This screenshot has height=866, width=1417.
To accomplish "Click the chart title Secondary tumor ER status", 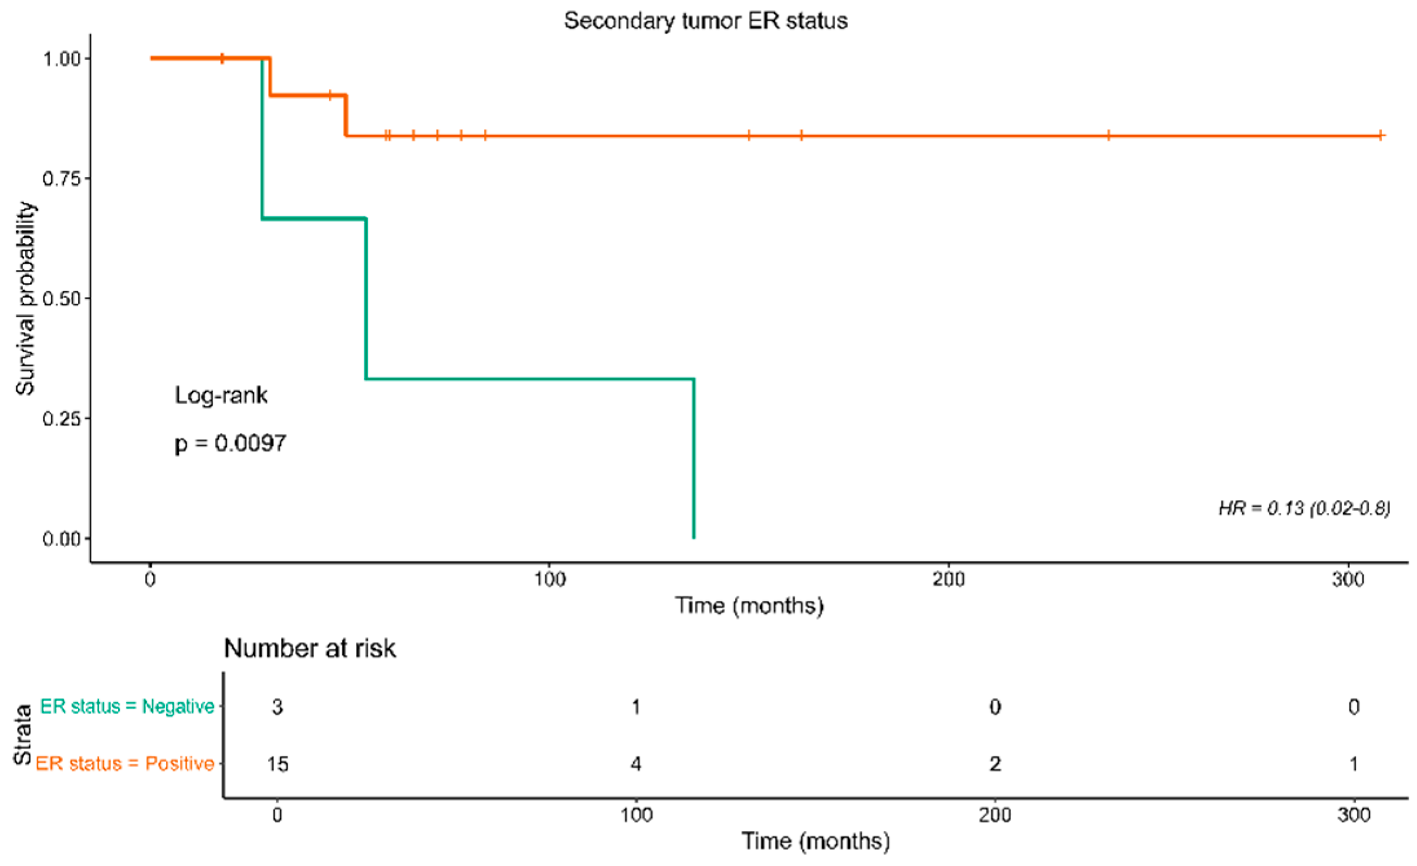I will pos(706,21).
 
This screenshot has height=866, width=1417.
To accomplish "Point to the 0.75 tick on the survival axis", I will pos(61,178).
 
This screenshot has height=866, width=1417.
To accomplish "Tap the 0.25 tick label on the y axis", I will pos(61,419).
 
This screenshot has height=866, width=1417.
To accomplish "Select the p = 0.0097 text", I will pos(230,444).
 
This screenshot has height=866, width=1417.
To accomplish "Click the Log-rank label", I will pos(221,395).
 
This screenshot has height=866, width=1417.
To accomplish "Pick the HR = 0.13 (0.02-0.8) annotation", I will pos(1304,508).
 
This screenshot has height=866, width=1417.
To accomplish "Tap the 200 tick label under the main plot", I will pos(948,580).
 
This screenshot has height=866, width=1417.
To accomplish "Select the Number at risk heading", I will pos(310,649).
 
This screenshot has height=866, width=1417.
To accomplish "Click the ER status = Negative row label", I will pos(127,706).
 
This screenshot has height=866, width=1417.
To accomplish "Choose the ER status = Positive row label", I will pos(125,764).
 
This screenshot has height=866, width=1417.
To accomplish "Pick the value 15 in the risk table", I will pos(277,764).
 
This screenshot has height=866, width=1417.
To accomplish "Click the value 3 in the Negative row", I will pos(277,707).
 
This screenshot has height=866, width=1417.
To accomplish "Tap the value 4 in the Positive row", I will pos(636,764).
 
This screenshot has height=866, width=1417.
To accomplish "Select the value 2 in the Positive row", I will pos(995,764).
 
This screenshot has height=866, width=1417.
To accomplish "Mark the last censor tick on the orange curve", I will pos(1381,136).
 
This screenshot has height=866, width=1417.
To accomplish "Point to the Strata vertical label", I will pos(22,735).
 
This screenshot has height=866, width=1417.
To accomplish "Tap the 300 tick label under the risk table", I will pos(1354,816).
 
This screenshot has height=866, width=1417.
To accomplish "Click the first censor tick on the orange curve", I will pos(222,58).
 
